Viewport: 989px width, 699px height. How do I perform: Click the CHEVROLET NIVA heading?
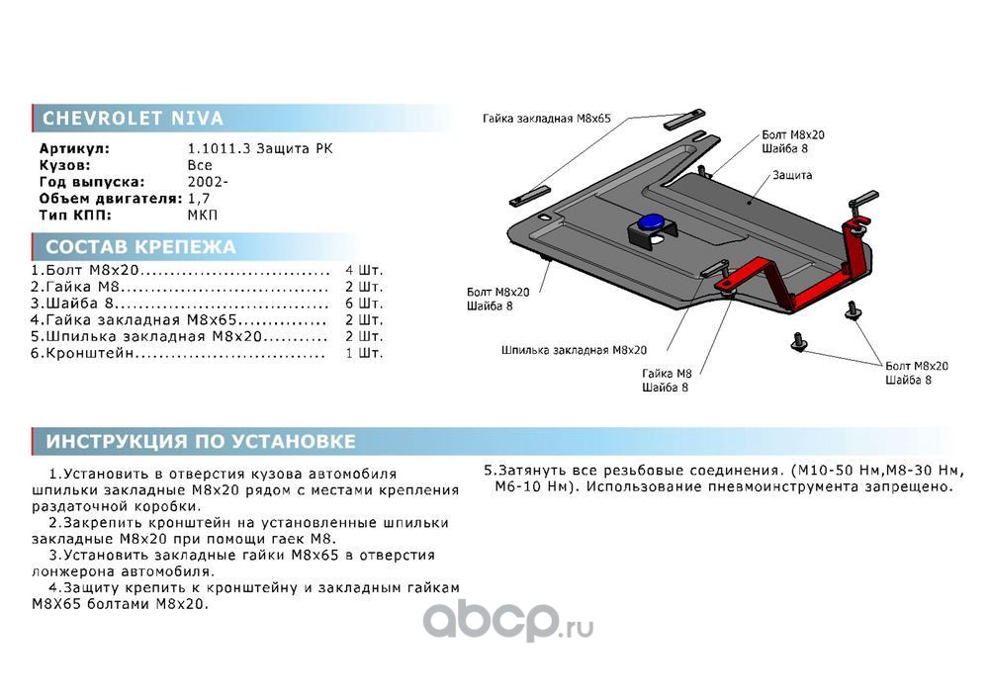[134, 118]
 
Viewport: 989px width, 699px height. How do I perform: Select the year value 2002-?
[208, 182]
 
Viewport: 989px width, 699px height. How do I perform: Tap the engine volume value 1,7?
[199, 198]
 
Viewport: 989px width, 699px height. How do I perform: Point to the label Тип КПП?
[75, 215]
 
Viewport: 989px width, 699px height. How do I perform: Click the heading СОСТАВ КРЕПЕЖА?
[140, 246]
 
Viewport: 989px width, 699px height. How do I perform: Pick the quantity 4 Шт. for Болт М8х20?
[364, 270]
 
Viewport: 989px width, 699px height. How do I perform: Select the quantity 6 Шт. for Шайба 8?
[364, 304]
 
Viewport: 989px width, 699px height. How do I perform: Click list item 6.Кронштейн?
[83, 353]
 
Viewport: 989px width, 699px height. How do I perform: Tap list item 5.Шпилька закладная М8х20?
[146, 336]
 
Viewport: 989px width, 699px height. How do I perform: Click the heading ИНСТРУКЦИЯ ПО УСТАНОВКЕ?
[201, 441]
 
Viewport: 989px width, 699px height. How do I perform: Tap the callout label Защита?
[792, 175]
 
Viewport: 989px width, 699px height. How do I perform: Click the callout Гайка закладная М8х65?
[546, 119]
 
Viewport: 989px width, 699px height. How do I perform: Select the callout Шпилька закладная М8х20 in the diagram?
[574, 350]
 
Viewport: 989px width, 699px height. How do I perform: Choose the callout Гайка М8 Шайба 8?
[667, 381]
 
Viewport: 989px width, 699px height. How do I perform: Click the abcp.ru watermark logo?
[507, 621]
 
